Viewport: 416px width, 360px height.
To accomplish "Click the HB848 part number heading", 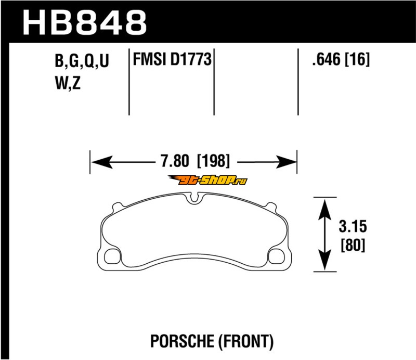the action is click(x=85, y=22).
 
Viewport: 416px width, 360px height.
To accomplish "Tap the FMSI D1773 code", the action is click(x=172, y=59).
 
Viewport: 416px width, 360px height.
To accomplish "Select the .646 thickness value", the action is click(x=326, y=59).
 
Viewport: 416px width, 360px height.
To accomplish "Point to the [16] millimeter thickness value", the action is click(x=357, y=59).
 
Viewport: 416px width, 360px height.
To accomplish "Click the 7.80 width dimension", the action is click(x=175, y=161).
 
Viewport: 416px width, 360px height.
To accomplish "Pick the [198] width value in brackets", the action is click(x=214, y=161).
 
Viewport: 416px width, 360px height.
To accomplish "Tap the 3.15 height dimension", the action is click(x=353, y=226).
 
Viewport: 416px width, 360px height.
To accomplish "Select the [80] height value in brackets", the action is click(x=353, y=245).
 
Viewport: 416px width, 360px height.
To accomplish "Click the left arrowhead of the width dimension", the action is click(x=101, y=162).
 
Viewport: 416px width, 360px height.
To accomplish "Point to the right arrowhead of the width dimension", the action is click(x=285, y=162).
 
